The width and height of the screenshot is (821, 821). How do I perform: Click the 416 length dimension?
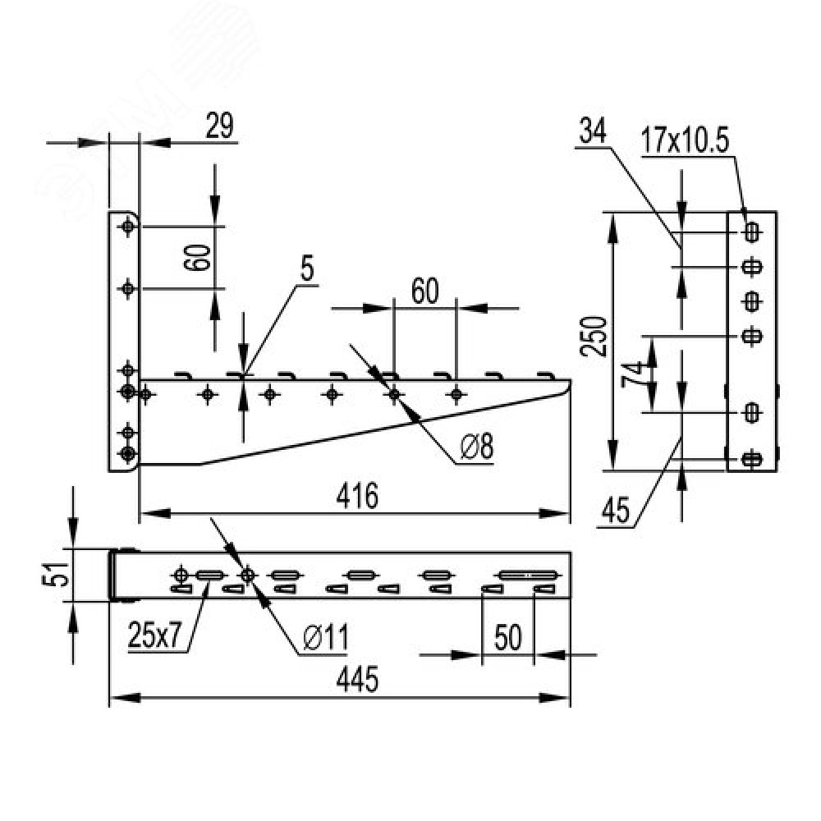coord(357,496)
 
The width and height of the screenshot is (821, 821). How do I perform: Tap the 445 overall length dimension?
coord(357,680)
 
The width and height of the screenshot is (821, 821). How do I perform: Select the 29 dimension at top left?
coord(219,126)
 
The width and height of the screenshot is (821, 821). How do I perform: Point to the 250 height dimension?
coord(594,336)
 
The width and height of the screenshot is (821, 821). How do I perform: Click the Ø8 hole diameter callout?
coord(477,447)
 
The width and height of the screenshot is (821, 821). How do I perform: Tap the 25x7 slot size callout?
coord(154,635)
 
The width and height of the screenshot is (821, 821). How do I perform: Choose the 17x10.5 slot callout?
coord(685,141)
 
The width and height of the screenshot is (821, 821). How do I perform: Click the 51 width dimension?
coord(56,575)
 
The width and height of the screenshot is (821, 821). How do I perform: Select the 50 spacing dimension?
coord(508,637)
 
